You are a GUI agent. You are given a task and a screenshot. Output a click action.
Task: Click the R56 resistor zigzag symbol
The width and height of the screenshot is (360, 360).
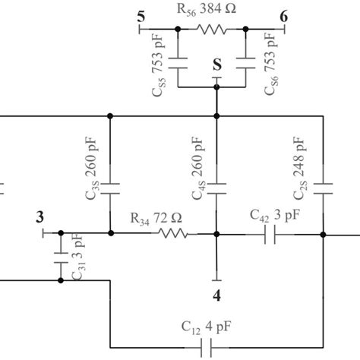coord(213,30)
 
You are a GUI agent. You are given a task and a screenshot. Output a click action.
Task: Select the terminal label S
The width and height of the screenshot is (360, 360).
coord(218,65)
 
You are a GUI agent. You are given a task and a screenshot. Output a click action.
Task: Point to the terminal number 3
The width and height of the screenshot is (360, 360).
coord(39,217)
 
